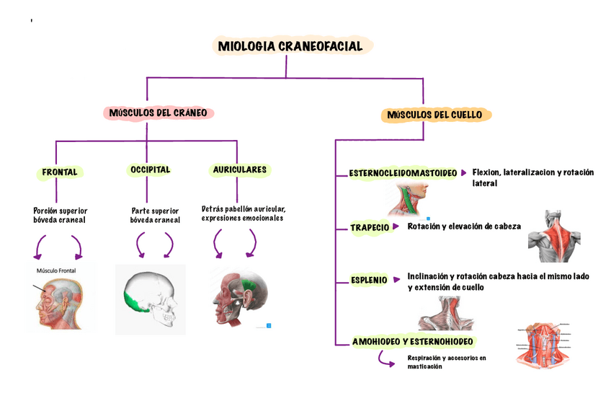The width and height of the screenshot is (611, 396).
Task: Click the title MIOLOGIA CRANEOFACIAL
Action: pos(295,47)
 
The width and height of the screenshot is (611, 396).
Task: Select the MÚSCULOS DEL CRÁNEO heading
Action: pos(159,113)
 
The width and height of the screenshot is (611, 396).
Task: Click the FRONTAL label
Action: pos(60,172)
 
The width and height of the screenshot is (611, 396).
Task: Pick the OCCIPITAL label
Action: pos(150,170)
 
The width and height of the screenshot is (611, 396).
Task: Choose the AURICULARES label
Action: pos(240,170)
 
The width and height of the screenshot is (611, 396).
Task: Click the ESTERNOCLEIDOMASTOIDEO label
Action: pos(403,173)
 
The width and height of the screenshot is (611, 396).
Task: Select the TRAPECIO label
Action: pos(370,227)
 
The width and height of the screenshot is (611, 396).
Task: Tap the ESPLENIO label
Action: pos(369,280)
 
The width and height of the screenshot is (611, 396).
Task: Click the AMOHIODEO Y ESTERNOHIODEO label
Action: pos(413,341)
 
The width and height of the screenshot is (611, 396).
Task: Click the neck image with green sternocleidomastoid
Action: pos(406,199)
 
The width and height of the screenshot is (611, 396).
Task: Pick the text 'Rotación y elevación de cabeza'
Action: pos(464,226)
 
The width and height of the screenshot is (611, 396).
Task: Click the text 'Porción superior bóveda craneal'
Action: pos(60,215)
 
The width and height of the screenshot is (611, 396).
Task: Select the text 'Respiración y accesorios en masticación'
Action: pos(447,362)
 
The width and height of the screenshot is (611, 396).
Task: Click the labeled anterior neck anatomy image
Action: pos(545,343)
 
